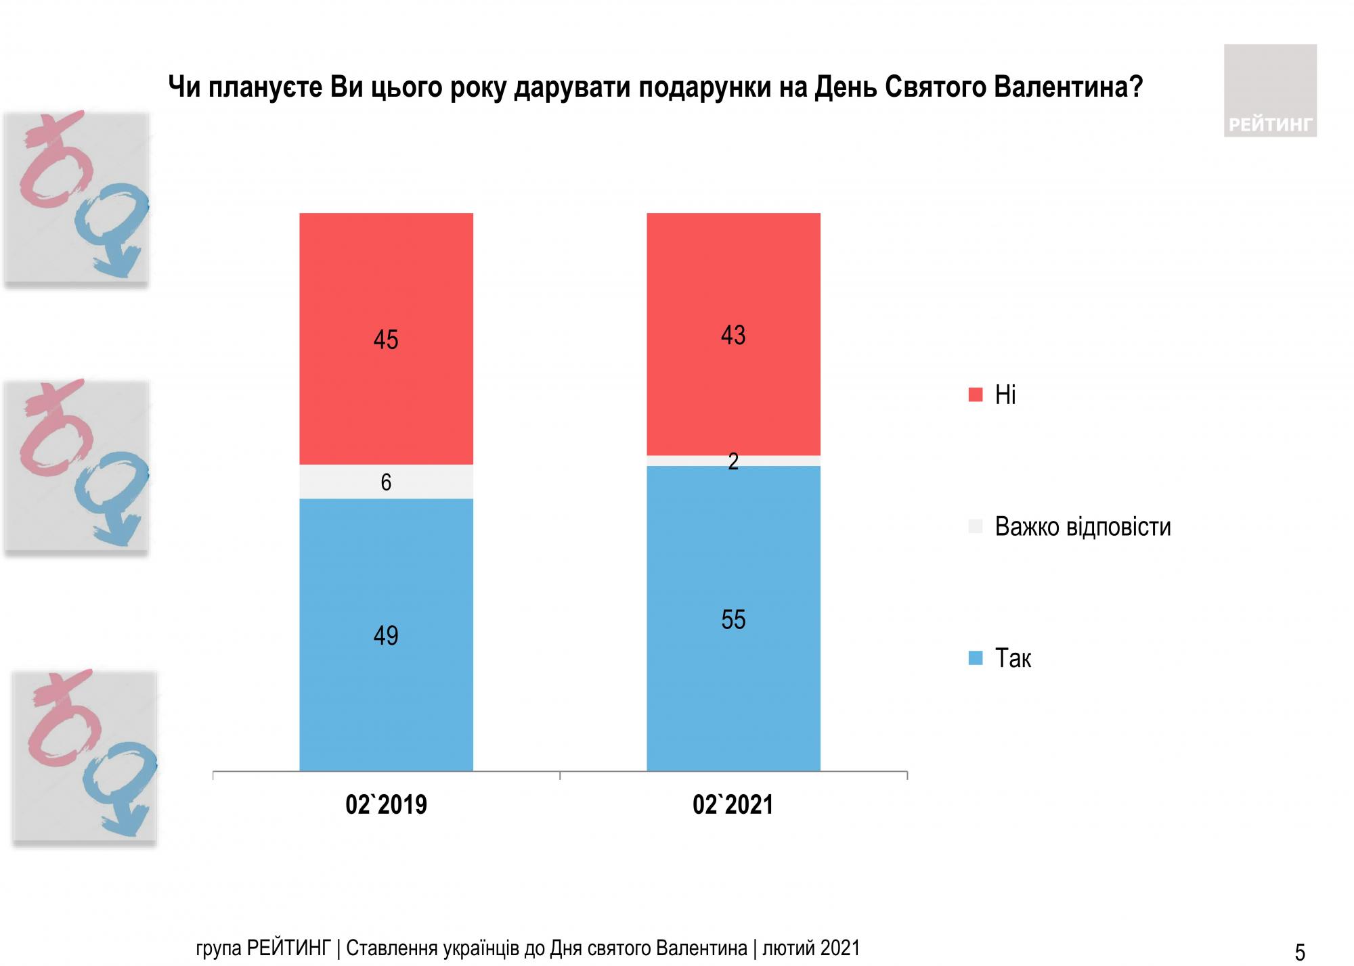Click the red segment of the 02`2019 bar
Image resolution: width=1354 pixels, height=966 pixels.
(386, 284)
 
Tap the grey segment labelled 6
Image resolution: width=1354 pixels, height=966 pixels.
(352, 482)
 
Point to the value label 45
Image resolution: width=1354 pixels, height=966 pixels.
(386, 340)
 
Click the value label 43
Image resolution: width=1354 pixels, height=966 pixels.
(733, 336)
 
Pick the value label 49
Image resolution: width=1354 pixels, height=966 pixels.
(386, 636)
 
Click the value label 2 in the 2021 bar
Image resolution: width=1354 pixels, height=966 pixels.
(733, 462)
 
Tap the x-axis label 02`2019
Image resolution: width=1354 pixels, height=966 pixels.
(386, 805)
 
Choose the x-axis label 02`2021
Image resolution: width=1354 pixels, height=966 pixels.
(733, 805)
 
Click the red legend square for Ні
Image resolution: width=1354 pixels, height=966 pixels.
(976, 395)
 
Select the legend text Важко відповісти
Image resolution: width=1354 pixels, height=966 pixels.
(1083, 527)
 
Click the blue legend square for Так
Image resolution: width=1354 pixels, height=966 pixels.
(976, 658)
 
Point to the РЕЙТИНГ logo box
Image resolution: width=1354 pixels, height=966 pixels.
(1270, 91)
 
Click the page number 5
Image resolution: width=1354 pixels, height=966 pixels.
(1300, 952)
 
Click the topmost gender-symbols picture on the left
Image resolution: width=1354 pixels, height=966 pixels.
(77, 198)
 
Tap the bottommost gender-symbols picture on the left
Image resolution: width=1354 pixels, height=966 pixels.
(85, 758)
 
